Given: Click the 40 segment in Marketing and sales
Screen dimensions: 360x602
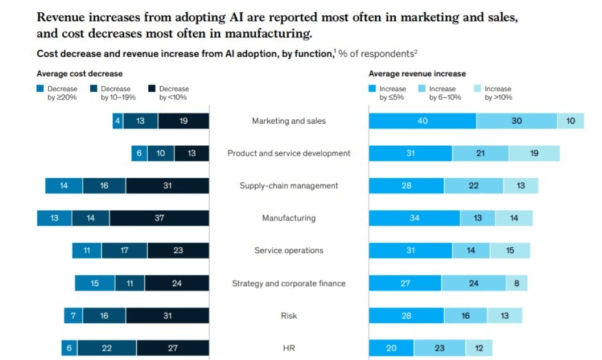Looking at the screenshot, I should pos(422,121).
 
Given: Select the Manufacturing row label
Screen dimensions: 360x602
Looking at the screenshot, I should pos(289,218).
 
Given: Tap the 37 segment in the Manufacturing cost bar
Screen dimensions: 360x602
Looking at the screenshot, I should pos(159,218).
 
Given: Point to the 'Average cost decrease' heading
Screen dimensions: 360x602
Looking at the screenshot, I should pos(80,74).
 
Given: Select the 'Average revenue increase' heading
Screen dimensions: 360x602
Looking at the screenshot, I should pos(416,74).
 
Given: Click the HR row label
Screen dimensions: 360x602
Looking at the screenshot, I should pos(289,348).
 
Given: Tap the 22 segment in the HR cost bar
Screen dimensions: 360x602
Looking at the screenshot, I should pos(107,348).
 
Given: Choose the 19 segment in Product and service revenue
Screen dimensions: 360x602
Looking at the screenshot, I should pos(534,153).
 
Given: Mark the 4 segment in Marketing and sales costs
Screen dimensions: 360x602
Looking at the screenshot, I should pos(118,121).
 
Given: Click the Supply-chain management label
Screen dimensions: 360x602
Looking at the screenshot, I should pos(289,186).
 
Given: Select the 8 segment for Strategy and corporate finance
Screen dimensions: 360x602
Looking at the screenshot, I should pos(517,283).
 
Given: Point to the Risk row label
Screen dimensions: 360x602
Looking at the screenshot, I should pos(289,316).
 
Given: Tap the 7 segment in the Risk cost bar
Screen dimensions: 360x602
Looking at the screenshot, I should pos(73,316).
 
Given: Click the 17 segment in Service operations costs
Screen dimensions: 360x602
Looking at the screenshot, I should pos(124,250).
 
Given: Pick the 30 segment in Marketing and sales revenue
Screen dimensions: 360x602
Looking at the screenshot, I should pos(517,121).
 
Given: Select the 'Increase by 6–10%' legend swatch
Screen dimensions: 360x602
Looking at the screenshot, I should pos(422,89).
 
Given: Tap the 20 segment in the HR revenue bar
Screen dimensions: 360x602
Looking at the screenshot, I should pos(391,348).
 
